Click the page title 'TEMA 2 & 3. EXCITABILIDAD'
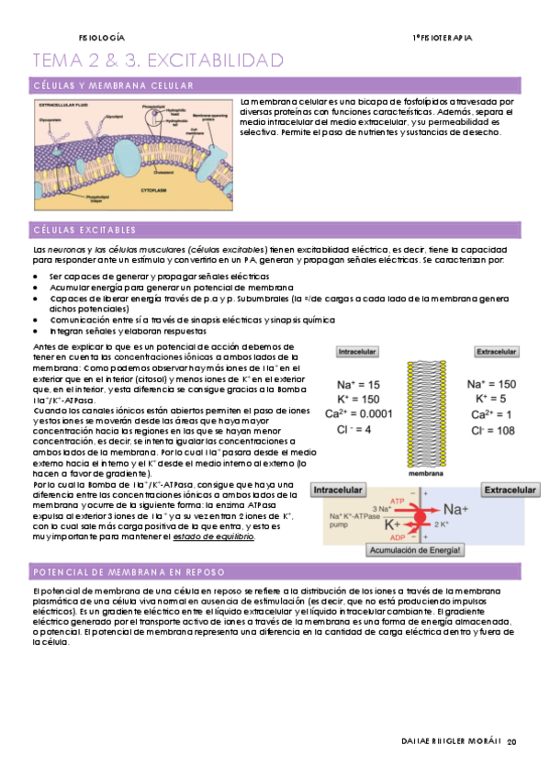pos(158,61)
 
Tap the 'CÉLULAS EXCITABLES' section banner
pos(84,230)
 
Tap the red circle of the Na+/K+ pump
pos(421,517)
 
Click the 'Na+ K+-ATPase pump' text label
pos(351,521)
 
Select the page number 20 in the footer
pos(512,741)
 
